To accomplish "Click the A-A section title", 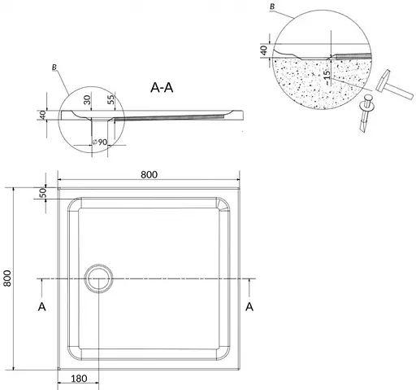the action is click(162, 88).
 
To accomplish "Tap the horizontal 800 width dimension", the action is click(149, 175).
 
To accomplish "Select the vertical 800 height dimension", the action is click(7, 278).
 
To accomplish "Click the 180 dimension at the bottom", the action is click(79, 379).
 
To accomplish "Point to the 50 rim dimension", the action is click(43, 193).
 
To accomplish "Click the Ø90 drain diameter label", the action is click(100, 142).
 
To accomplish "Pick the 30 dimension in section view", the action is click(87, 100).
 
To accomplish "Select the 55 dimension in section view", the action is click(111, 99).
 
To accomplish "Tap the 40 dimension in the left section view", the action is click(42, 115).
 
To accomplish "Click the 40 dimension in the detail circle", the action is click(264, 50).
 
